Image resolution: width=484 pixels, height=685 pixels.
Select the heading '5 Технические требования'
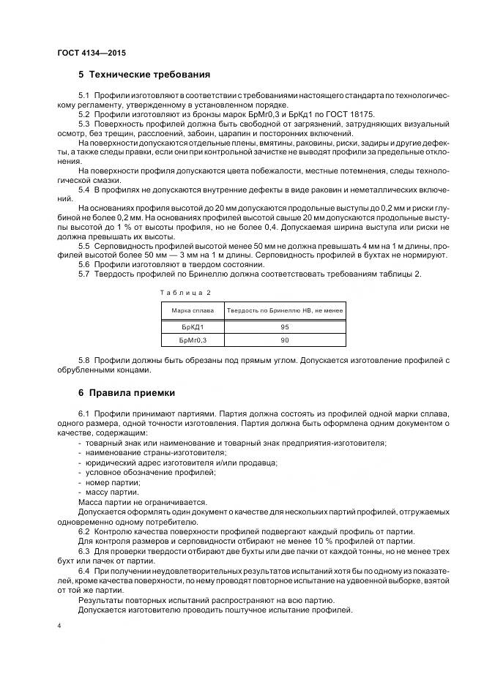144,75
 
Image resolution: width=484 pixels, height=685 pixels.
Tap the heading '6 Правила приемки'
126,393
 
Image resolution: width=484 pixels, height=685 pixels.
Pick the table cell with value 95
284,326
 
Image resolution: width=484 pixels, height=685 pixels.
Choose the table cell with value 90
284,340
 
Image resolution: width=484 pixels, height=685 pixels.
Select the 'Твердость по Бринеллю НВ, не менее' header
284,310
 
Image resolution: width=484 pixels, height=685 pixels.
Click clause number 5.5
84,246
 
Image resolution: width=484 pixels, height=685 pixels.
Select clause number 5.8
84,360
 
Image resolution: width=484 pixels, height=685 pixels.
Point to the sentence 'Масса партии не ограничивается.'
142,502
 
